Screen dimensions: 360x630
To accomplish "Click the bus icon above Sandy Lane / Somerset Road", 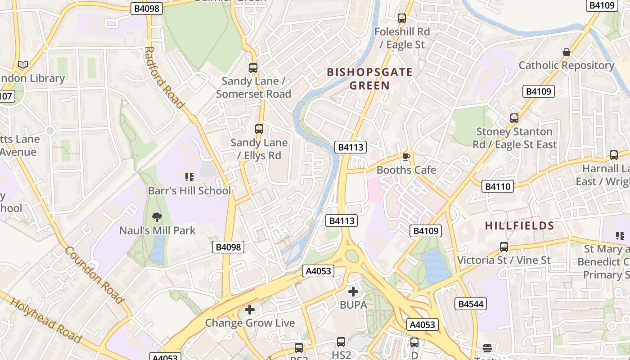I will click(x=253, y=68).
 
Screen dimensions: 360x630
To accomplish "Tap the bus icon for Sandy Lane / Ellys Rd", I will click(x=259, y=129).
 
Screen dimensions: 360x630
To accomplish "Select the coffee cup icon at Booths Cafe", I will click(x=406, y=157).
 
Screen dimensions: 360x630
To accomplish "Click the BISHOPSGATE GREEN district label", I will click(x=369, y=79).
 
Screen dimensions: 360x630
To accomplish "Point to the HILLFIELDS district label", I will click(x=519, y=226).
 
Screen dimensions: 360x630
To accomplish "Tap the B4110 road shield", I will click(x=497, y=186).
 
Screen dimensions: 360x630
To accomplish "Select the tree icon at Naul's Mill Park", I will click(x=157, y=217).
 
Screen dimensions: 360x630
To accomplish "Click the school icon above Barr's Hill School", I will click(x=189, y=177).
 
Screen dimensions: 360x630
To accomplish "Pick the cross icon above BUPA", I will click(x=353, y=292).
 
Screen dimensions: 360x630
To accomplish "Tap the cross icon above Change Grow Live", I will click(x=250, y=310).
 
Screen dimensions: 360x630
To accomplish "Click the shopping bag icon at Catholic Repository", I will click(x=566, y=52).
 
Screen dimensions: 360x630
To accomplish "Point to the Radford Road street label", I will click(x=165, y=77).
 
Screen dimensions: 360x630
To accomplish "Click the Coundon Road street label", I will click(x=94, y=274).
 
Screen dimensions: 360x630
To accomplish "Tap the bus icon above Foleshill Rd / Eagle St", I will click(x=402, y=18).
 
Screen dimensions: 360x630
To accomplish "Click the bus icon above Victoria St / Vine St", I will click(x=504, y=247).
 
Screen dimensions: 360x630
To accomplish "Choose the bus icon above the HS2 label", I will click(x=341, y=342).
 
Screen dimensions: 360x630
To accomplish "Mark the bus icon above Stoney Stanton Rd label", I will click(x=514, y=118).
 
